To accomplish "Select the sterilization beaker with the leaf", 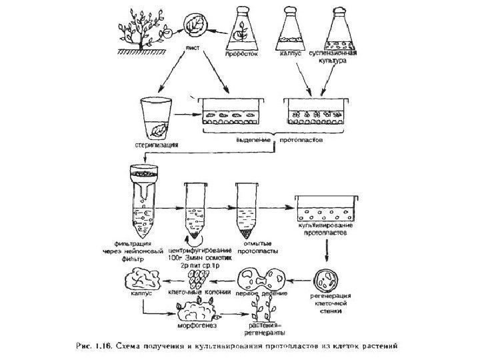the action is [x=156, y=117].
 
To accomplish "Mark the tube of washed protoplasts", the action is [x=247, y=210].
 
